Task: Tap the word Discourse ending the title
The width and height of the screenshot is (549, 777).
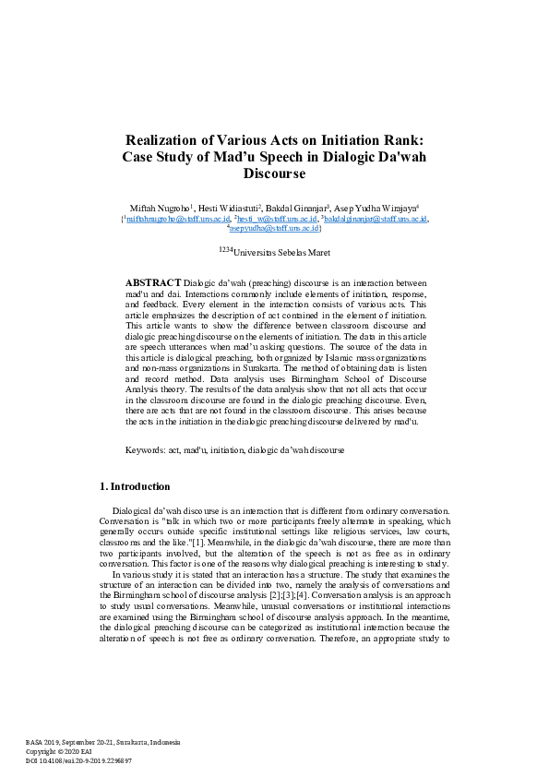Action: click(274, 173)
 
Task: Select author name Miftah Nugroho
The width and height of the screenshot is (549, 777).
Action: click(160, 209)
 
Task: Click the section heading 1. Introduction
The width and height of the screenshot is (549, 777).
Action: click(134, 486)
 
